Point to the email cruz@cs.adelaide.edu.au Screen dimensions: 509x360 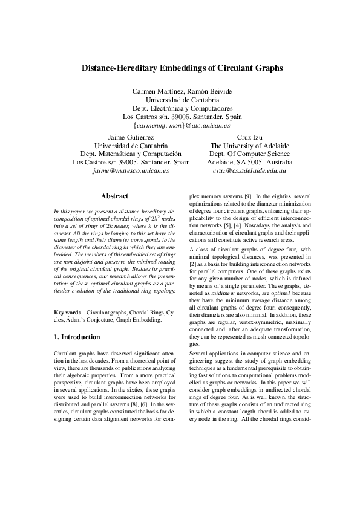[249, 171]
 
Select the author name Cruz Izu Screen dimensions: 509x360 [249, 137]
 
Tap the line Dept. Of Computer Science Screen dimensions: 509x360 [249, 154]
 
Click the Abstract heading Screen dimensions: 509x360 [114, 196]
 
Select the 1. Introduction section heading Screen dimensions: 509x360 [77, 337]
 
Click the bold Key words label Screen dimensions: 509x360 [67, 312]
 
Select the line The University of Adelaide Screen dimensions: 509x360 [249, 146]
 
